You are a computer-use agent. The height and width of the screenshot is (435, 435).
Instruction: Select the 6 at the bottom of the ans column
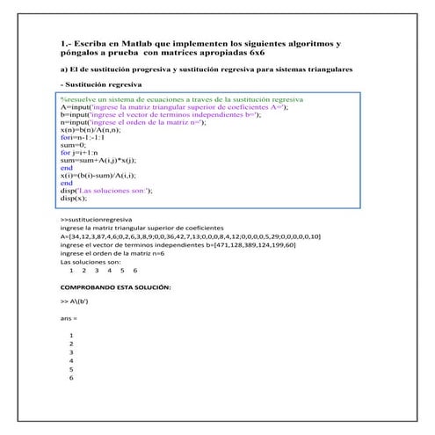[70, 378]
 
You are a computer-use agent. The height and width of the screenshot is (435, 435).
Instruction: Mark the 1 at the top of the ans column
[70, 336]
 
